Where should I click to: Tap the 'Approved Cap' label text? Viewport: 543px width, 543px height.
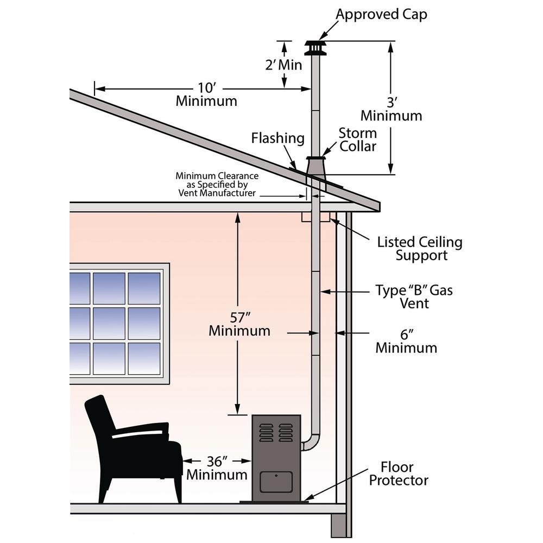381,14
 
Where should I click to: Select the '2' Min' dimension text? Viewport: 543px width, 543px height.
283,65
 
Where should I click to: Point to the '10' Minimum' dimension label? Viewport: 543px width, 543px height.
206,93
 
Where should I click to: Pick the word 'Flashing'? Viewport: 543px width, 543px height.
277,138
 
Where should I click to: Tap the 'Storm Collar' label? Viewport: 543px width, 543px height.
357,140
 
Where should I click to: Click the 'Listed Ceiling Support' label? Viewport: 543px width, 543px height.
420,248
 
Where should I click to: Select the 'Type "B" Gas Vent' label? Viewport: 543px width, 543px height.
414,296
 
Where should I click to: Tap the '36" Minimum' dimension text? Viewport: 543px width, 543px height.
217,468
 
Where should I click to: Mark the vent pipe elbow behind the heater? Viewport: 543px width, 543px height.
311,440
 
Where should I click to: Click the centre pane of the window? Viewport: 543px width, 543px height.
109,323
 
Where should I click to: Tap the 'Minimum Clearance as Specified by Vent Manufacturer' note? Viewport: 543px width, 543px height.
216,185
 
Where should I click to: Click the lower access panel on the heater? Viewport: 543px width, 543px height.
276,482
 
